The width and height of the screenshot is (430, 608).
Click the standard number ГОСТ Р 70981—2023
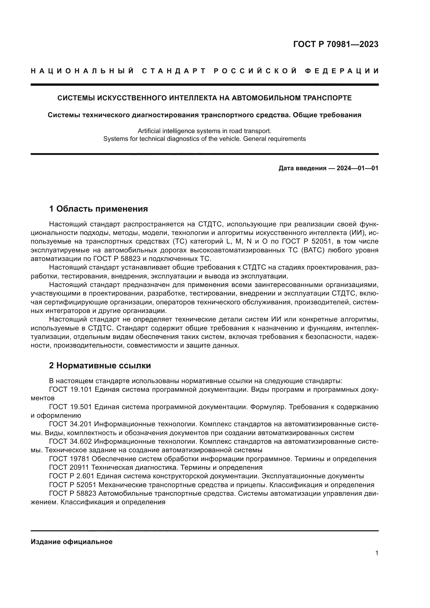pyautogui.click(x=335, y=44)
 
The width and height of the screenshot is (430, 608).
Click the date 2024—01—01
pyautogui.click(x=357, y=168)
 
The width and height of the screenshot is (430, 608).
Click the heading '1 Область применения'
pyautogui.click(x=98, y=209)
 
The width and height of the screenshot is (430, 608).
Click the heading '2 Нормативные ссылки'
pyautogui.click(x=100, y=366)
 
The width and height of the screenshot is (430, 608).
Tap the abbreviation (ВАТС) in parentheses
pyautogui.click(x=313, y=250)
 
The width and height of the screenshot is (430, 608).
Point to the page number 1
pyautogui.click(x=376, y=573)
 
